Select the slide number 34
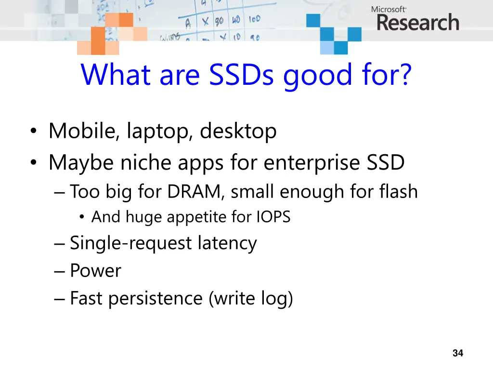[458, 353]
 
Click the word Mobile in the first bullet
[81, 131]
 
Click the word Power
[95, 271]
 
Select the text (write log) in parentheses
[251, 299]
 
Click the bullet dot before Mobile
[33, 132]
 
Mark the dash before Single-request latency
[60, 244]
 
